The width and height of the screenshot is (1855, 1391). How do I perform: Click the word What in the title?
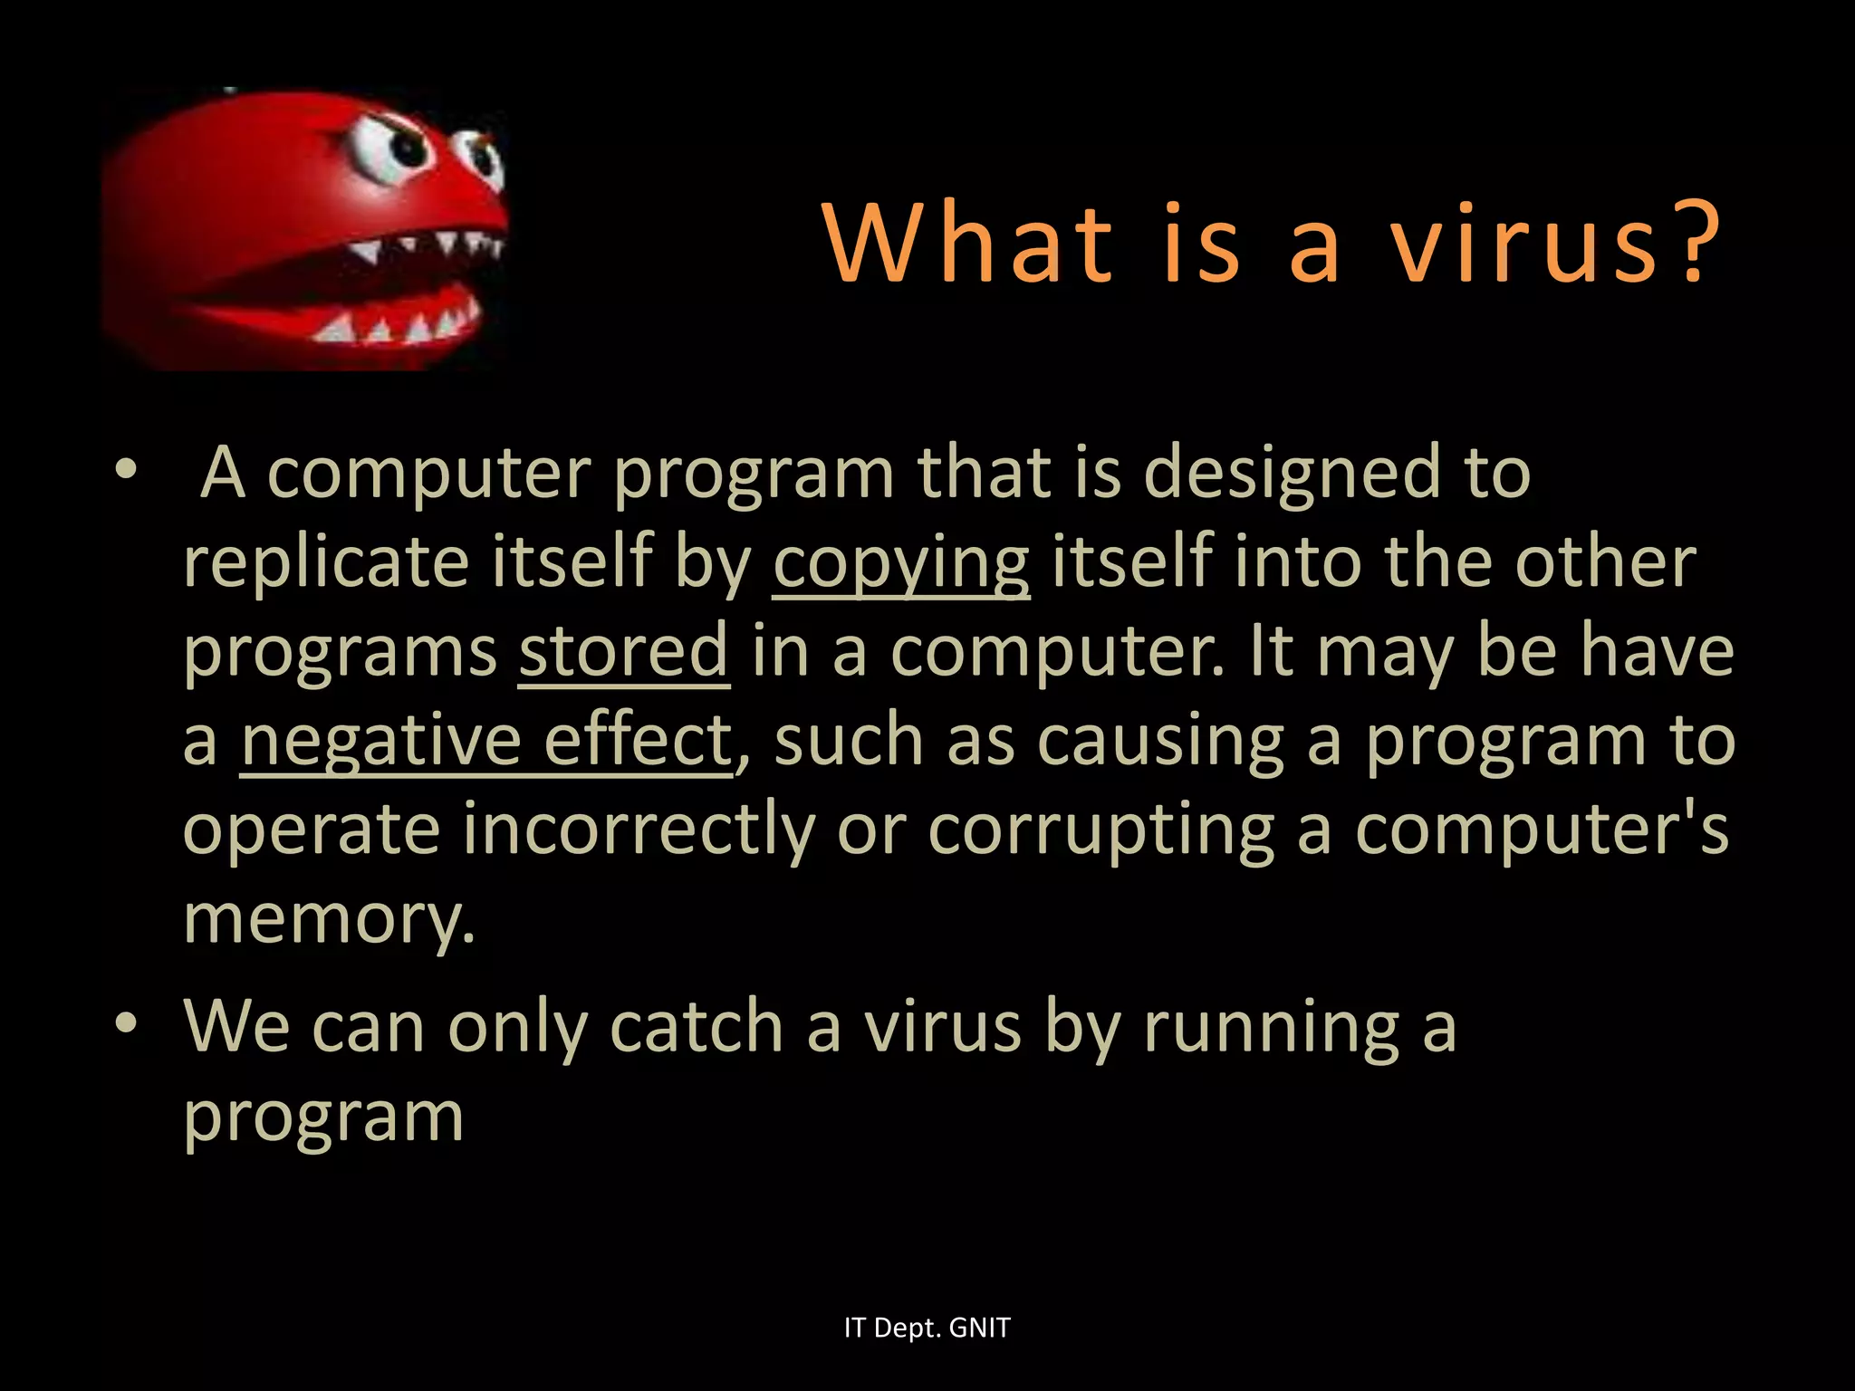click(968, 243)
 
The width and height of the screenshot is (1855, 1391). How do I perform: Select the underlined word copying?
click(900, 564)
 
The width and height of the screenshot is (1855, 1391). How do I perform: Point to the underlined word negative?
click(380, 741)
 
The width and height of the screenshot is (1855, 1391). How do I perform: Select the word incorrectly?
click(639, 829)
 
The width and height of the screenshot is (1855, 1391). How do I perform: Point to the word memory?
click(328, 919)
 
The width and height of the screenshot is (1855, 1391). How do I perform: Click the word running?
click(1272, 1028)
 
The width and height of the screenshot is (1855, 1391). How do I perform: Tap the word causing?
click(1160, 741)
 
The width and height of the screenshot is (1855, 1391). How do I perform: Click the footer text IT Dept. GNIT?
click(927, 1328)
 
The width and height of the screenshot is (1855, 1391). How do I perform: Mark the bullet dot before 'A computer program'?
click(126, 470)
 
